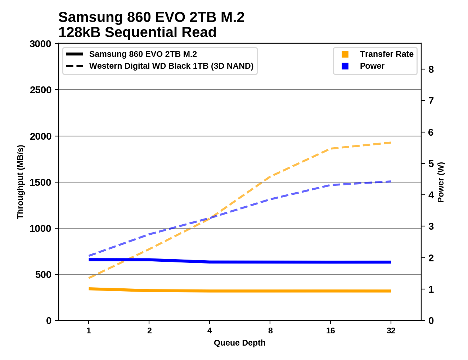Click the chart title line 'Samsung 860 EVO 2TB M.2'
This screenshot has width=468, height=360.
click(151, 17)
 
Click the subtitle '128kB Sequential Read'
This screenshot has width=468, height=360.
click(137, 32)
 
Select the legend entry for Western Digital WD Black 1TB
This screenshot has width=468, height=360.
click(171, 66)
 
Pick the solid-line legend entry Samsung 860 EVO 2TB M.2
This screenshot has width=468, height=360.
click(143, 54)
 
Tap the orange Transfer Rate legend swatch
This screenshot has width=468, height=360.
click(345, 54)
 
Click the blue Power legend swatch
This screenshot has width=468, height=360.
click(345, 66)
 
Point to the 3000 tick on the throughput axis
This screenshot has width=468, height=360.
click(41, 44)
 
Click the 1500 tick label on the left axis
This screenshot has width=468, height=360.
click(41, 183)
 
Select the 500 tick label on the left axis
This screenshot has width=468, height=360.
click(44, 275)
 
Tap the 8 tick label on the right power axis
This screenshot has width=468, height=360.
click(431, 69)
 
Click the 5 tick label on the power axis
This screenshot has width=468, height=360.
click(431, 164)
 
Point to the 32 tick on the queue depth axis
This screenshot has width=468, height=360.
click(391, 330)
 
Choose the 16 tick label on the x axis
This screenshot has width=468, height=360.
click(330, 330)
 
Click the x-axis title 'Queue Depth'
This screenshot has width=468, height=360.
click(239, 343)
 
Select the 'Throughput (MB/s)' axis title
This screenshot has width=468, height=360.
click(20, 182)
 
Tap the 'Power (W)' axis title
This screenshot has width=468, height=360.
click(441, 182)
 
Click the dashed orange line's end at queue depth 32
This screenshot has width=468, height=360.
click(391, 143)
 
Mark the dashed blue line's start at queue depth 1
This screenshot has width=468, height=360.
click(89, 256)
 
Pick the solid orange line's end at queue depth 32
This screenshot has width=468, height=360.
click(391, 291)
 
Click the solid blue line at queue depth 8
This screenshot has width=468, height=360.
click(270, 262)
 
